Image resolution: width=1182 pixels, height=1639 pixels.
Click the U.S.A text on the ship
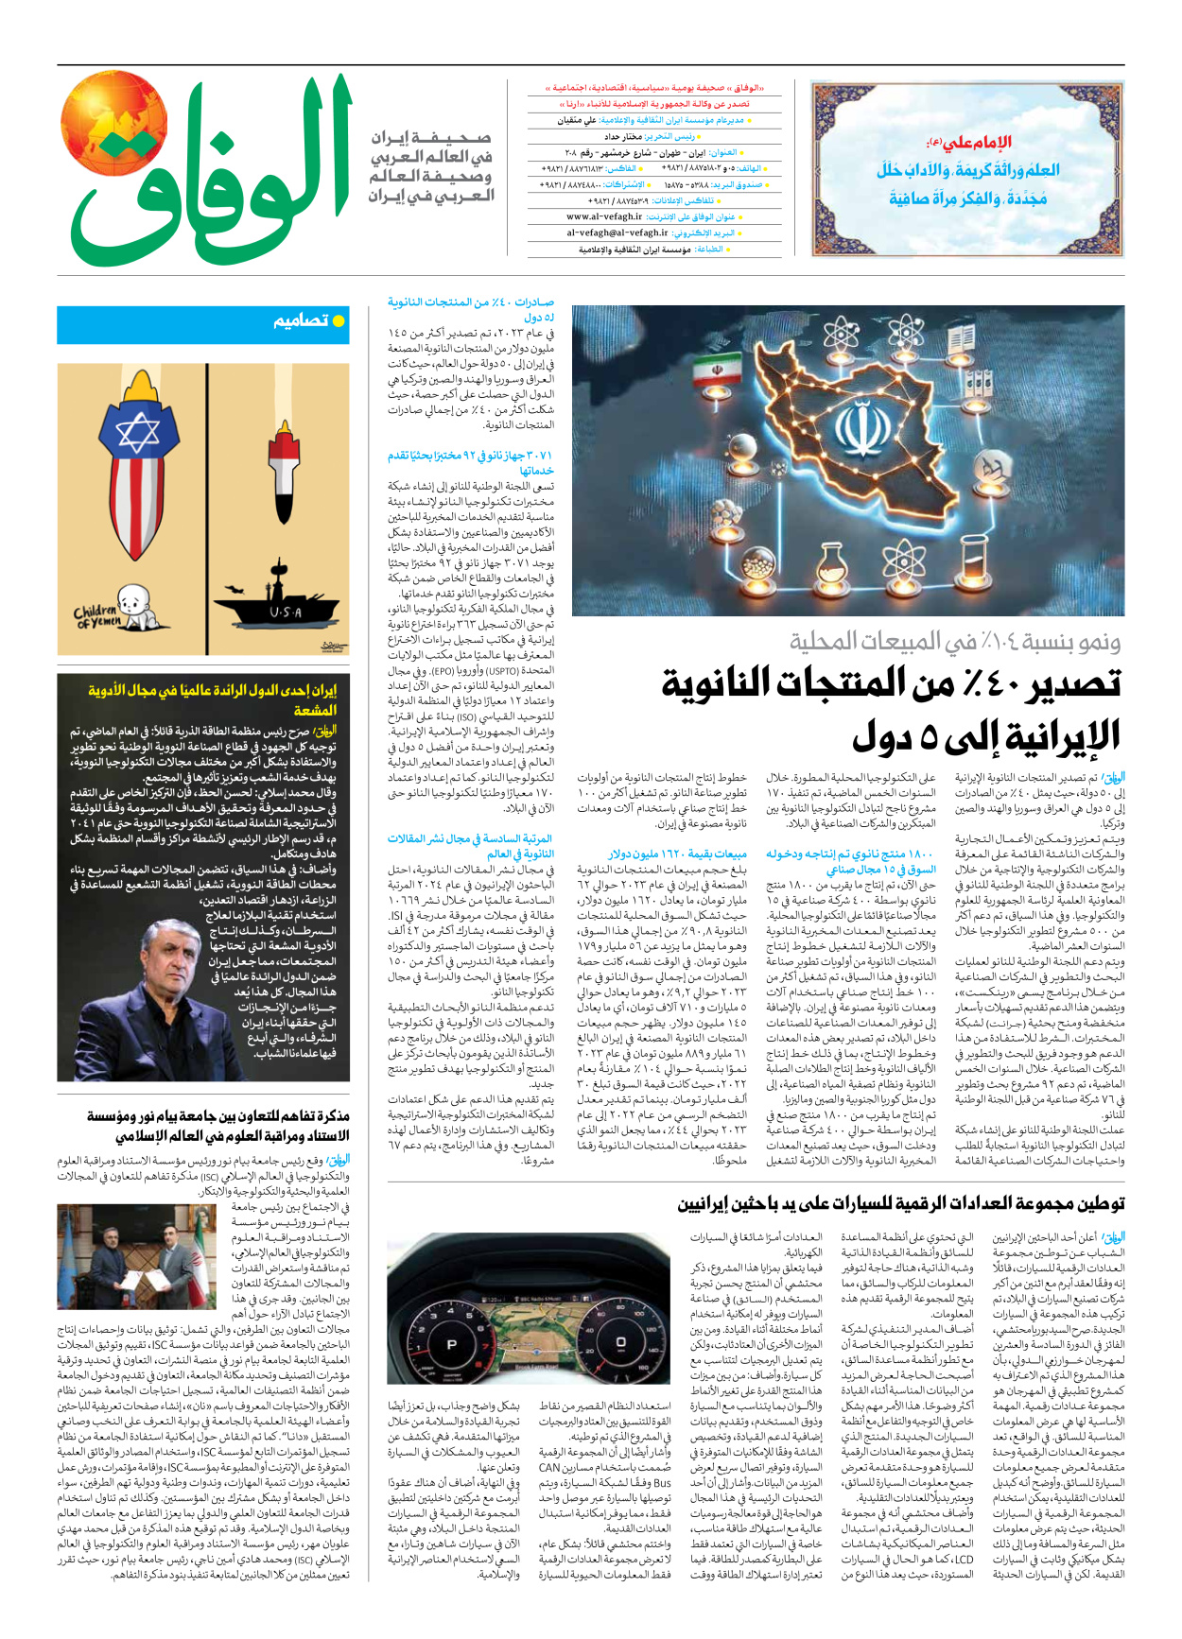[x=285, y=612]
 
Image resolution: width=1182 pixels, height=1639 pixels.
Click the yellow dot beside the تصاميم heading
[x=339, y=321]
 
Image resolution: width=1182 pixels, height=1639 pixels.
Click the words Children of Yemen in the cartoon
[x=96, y=617]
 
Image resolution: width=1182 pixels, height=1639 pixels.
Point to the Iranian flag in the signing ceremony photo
[x=200, y=1245]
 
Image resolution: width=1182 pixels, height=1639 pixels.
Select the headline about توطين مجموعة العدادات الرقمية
[x=900, y=1203]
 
